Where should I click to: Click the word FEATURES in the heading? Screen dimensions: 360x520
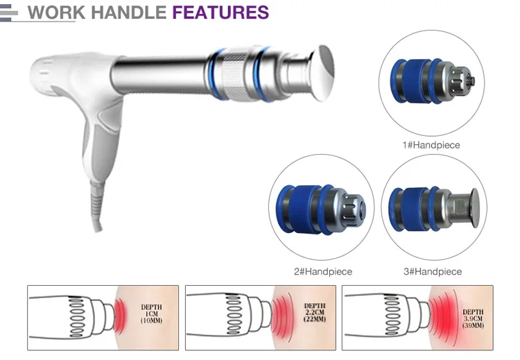220,12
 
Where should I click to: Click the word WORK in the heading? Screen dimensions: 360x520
53,12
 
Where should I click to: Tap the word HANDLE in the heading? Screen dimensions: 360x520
125,12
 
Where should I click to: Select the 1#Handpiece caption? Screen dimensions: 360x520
432,145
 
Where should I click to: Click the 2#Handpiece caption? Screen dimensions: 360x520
324,271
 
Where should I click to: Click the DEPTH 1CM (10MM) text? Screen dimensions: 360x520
151,314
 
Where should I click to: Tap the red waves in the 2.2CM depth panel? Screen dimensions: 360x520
280,314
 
